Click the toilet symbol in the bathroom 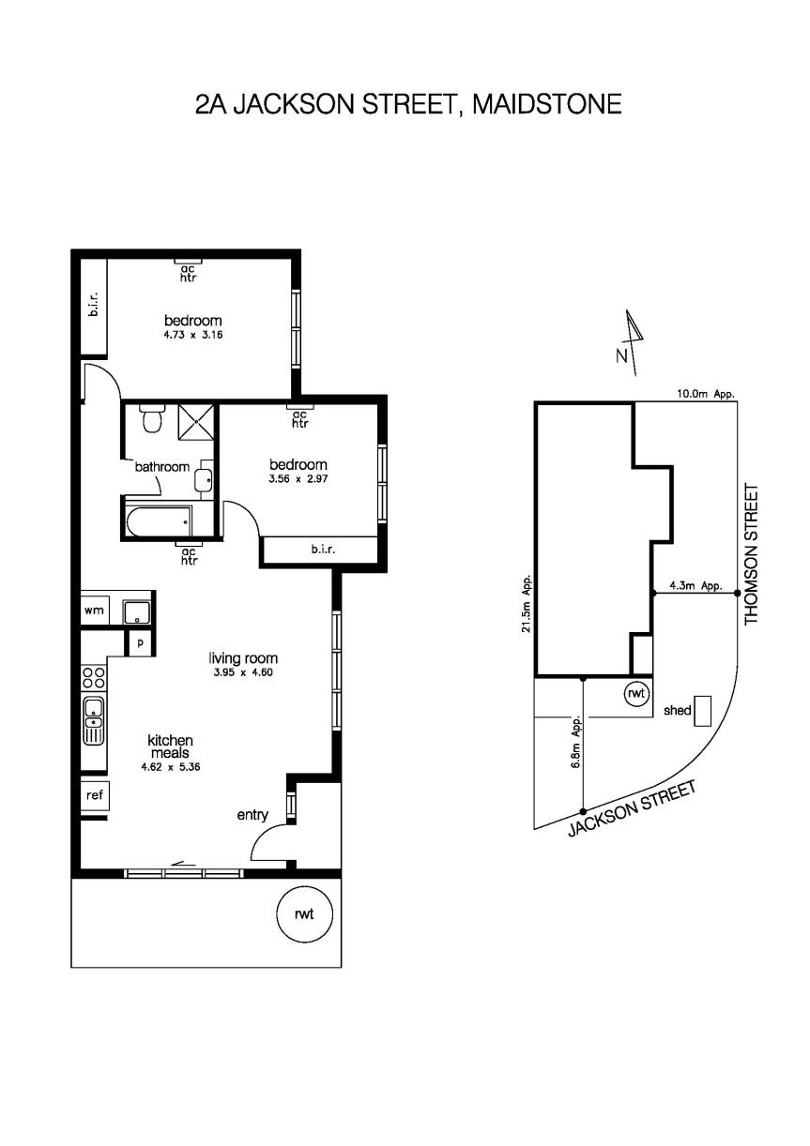149,419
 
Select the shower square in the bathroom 195,423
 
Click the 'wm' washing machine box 94,611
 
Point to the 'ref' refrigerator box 94,795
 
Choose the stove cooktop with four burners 94,675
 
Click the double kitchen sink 94,720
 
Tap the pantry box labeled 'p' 141,643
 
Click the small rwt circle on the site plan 637,694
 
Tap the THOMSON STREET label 751,554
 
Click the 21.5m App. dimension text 527,604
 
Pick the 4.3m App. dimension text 695,586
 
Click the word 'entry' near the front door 252,815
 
